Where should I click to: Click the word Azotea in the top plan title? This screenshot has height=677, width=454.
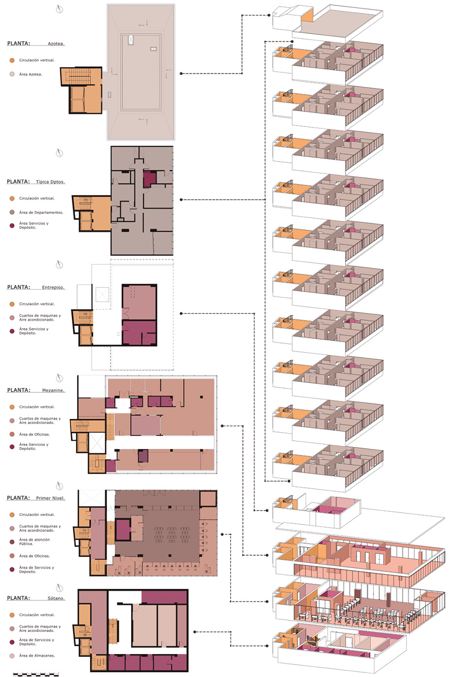[x=55, y=44]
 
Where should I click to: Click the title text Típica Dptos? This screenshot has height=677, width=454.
[x=50, y=182]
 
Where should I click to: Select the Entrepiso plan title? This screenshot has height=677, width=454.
[x=53, y=287]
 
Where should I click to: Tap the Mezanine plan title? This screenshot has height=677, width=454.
[x=53, y=390]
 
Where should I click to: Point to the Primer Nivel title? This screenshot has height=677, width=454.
[x=50, y=498]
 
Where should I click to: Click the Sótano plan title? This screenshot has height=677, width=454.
[x=55, y=598]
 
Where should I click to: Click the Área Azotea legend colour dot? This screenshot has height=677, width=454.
[x=12, y=74]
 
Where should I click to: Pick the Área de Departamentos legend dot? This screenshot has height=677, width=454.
[x=12, y=212]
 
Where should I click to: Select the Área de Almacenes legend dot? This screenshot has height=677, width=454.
[x=12, y=655]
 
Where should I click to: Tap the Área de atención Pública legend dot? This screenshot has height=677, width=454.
[x=12, y=541]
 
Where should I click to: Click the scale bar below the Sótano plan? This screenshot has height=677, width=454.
[x=36, y=674]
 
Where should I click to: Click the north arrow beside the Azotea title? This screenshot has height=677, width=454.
[x=59, y=9]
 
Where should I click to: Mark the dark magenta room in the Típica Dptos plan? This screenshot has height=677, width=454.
[x=150, y=179]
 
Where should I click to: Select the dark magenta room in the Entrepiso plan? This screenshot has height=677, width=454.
[x=139, y=333]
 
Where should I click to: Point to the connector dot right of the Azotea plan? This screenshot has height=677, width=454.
[x=181, y=74]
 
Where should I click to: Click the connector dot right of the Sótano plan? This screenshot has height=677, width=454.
[x=194, y=632]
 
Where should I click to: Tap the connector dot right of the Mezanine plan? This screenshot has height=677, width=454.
[x=222, y=425]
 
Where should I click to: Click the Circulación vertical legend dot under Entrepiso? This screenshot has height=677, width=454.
[x=12, y=304]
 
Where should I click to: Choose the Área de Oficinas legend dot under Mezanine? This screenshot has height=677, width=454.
[x=12, y=434]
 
